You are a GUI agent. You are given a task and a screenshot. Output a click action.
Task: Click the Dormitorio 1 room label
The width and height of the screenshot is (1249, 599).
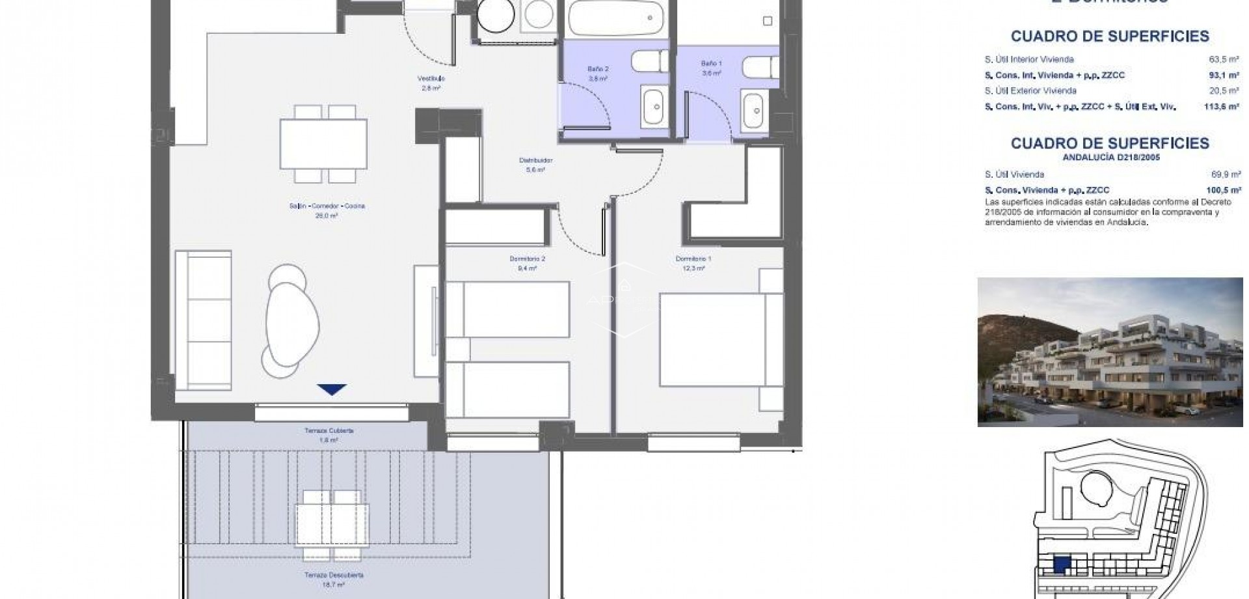[x=693, y=259]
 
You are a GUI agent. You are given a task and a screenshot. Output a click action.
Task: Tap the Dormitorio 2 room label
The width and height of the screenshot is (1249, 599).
[x=527, y=259]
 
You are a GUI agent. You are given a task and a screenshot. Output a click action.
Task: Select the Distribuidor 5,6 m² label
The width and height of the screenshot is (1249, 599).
[x=535, y=161]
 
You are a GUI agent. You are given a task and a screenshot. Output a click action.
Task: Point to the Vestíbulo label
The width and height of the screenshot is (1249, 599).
[x=431, y=79]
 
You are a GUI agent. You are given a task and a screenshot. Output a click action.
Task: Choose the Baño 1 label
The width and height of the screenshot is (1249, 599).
[x=711, y=64]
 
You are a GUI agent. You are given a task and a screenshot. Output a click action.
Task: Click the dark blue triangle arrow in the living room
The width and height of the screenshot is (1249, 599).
[x=332, y=389]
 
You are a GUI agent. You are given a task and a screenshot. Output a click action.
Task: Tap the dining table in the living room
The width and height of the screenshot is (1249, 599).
[x=323, y=143]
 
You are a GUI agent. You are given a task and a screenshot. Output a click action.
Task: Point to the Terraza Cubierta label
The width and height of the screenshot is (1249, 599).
[x=329, y=431]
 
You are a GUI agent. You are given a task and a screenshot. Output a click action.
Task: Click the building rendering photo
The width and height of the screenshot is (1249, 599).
[x=1110, y=352]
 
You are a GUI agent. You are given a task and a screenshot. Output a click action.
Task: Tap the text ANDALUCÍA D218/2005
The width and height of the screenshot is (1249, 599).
[x=1109, y=157]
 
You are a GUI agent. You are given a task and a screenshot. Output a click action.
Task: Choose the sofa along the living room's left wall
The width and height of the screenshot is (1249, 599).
[x=203, y=319]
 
